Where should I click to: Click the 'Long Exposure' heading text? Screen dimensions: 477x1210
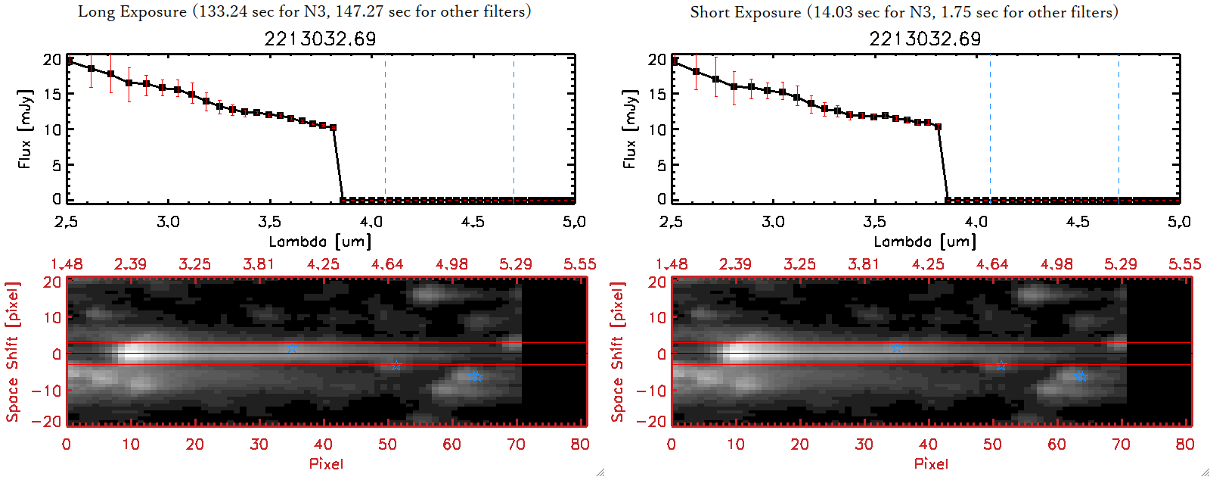point(132,11)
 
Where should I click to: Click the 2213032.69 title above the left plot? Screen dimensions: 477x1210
point(320,39)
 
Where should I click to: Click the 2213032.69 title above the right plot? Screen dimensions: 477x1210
point(925,39)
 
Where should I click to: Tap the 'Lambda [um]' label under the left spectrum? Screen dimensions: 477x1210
point(320,242)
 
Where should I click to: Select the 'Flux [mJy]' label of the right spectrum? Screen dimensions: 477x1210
point(629,129)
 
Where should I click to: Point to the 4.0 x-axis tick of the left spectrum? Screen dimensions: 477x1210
point(371,222)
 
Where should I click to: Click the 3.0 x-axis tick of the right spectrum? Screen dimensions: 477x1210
point(773,222)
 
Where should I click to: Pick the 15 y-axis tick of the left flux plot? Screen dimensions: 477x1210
point(52,94)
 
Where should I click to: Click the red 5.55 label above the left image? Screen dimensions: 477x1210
point(579,264)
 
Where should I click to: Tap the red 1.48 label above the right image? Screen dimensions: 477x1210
point(672,264)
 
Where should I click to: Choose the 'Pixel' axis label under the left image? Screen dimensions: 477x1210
point(326,463)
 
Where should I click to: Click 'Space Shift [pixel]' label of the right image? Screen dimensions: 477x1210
point(618,352)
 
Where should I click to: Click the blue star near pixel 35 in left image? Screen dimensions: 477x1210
point(292,349)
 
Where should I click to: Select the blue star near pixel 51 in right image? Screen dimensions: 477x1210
point(1001,365)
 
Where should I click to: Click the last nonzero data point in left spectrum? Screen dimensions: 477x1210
point(334,128)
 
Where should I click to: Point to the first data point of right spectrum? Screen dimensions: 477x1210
point(675,61)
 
